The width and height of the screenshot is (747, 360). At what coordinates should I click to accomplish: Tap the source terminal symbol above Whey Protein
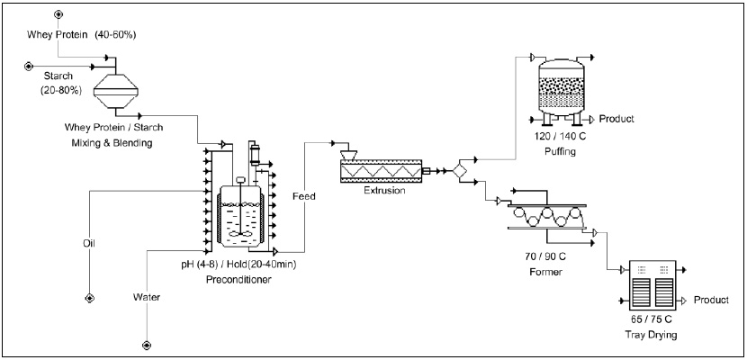(x=59, y=15)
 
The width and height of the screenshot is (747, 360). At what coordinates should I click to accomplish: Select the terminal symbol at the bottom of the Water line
(x=146, y=345)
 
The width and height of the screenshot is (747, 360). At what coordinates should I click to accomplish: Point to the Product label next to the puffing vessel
(x=617, y=119)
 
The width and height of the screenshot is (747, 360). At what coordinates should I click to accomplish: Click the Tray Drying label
(x=654, y=335)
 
